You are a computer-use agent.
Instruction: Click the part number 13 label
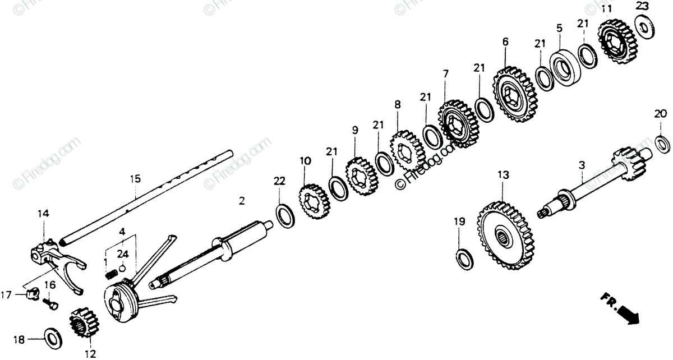[503, 176]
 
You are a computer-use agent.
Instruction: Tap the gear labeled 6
[515, 95]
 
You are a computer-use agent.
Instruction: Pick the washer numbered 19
[465, 256]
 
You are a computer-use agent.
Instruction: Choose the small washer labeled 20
[662, 143]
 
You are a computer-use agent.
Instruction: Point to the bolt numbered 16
[51, 303]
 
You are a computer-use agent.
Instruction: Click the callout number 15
[135, 179]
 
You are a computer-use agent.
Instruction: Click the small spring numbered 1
[112, 274]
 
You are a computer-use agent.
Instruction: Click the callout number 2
[242, 201]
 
